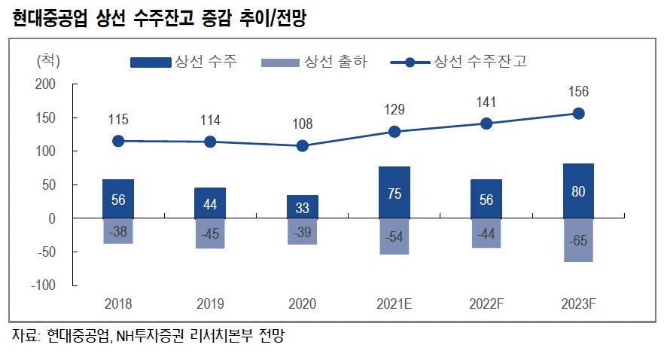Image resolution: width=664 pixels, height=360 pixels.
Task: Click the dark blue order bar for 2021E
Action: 394,192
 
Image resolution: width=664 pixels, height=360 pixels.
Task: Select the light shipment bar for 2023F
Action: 578,239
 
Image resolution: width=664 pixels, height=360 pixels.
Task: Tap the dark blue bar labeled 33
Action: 302,206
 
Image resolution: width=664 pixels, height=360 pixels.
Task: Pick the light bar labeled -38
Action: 118,230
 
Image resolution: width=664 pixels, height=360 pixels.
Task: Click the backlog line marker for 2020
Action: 302,145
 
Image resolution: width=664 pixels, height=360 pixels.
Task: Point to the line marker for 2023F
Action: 578,114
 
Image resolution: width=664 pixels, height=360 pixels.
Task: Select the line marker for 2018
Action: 118,141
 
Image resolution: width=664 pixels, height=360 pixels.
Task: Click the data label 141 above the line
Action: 486,102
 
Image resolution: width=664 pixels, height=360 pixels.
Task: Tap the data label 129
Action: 394,111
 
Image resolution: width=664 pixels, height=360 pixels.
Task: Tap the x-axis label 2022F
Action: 486,304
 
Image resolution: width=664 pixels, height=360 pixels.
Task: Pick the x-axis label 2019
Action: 210,304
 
